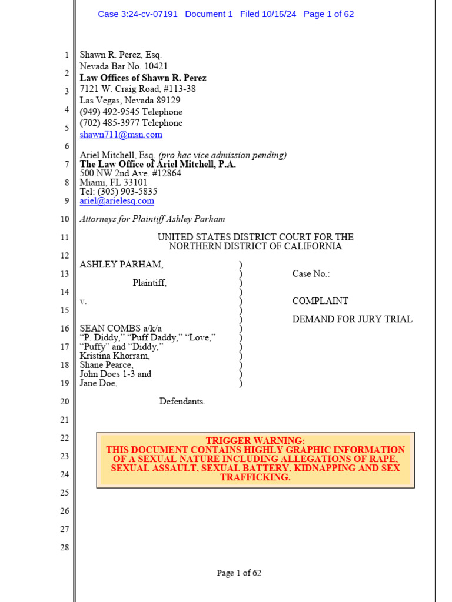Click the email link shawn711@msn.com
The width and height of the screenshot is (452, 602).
(x=121, y=135)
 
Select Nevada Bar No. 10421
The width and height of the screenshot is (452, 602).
(x=124, y=66)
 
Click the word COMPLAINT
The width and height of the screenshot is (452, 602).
(x=320, y=301)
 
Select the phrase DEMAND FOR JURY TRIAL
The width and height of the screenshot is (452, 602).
(x=352, y=319)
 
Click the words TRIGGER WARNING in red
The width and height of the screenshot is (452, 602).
(x=255, y=440)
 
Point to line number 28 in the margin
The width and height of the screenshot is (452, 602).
(x=64, y=547)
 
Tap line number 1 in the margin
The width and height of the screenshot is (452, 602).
(x=67, y=55)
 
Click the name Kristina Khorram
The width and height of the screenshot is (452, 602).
(x=115, y=356)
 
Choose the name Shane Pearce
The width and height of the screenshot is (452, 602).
(x=106, y=365)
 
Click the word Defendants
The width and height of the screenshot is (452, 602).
(x=182, y=402)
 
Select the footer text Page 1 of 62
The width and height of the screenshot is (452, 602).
(x=238, y=573)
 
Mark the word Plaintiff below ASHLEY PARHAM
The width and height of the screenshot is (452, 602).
(x=149, y=283)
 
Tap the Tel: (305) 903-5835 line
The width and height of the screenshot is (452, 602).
(x=118, y=192)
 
